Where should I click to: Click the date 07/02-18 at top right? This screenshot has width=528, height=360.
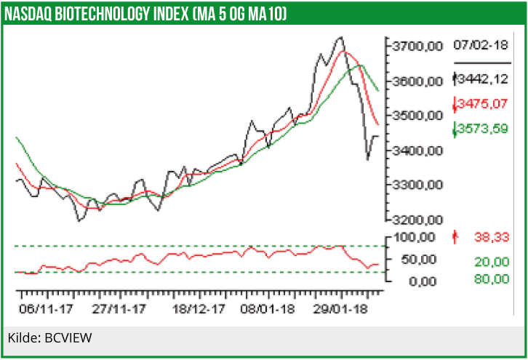pos(480,45)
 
